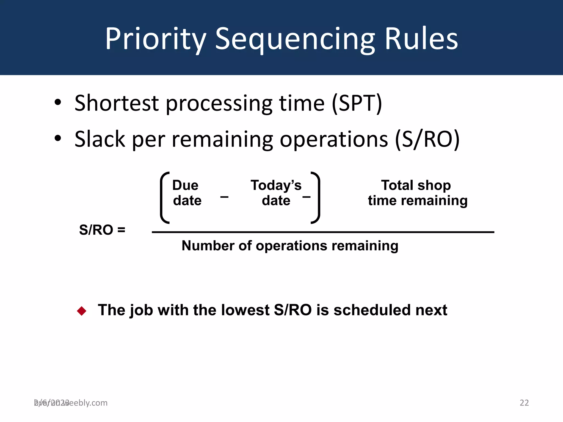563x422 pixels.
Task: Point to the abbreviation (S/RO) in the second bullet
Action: pyautogui.click(x=427, y=139)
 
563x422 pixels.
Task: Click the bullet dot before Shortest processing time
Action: pyautogui.click(x=58, y=102)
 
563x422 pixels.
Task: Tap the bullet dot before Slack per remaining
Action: pyautogui.click(x=58, y=138)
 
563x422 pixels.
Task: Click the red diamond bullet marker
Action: pyautogui.click(x=82, y=311)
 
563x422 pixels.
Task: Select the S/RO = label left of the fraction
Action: pyautogui.click(x=102, y=230)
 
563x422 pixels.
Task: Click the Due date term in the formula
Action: pyautogui.click(x=186, y=193)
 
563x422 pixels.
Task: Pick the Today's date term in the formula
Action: pyautogui.click(x=276, y=193)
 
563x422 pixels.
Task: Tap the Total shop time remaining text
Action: pyautogui.click(x=417, y=193)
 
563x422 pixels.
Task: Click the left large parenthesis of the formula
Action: pyautogui.click(x=164, y=198)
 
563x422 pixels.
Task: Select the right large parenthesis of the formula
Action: pyautogui.click(x=316, y=198)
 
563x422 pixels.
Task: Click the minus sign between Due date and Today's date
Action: pyautogui.click(x=224, y=197)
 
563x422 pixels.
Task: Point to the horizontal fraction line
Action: pyautogui.click(x=323, y=232)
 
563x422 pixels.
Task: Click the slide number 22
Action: pyautogui.click(x=524, y=403)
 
